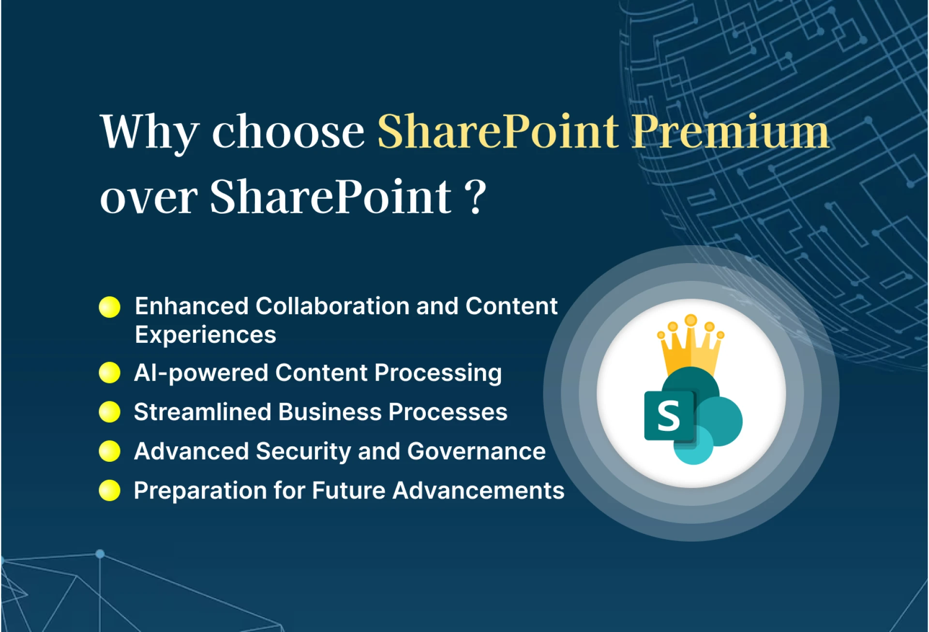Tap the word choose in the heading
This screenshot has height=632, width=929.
(288, 132)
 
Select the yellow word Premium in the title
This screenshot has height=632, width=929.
(731, 132)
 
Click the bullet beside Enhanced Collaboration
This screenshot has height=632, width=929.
(109, 307)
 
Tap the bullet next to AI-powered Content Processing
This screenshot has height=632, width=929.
(109, 373)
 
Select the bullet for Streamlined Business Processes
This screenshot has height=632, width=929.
(109, 412)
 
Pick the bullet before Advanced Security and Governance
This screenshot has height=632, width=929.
(109, 451)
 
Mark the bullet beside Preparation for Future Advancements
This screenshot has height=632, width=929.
(109, 490)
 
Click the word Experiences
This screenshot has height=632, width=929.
(206, 335)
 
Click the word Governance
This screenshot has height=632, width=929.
(476, 451)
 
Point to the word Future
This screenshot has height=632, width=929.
(348, 490)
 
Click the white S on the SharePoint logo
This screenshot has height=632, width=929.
(668, 416)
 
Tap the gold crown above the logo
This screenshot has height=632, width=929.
(690, 346)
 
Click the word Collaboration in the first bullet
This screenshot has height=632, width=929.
(332, 306)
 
